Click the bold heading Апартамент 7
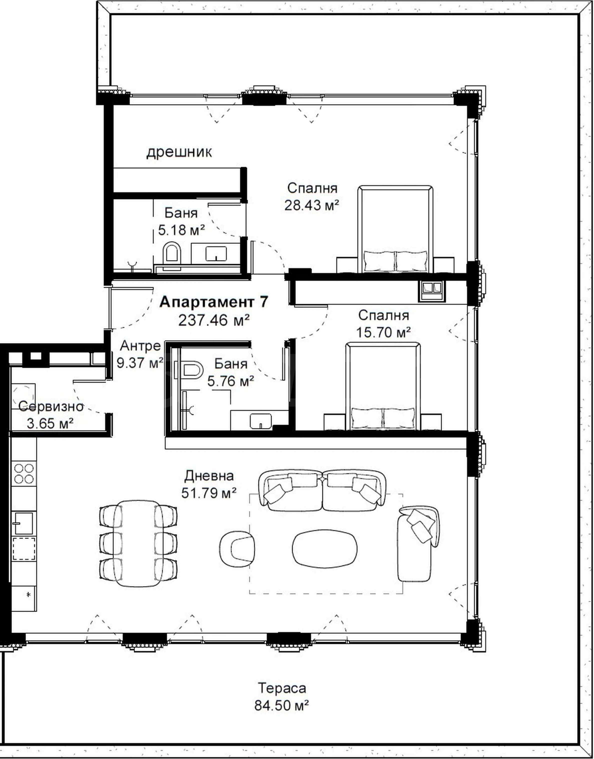[x=214, y=302]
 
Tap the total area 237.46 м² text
[x=214, y=320]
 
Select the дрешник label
[x=179, y=152]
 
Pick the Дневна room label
[x=209, y=476]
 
